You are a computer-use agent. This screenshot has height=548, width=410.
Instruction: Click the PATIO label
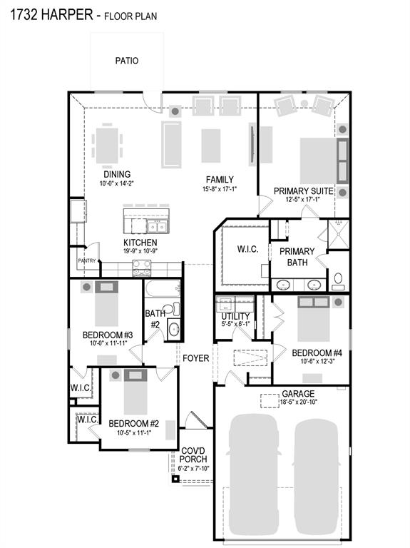click(x=126, y=61)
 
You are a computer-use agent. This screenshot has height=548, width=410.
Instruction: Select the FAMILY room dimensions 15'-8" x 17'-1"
click(x=219, y=189)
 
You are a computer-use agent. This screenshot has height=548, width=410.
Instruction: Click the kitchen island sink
click(x=158, y=227)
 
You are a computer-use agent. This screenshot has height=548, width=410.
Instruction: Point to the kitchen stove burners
click(x=142, y=267)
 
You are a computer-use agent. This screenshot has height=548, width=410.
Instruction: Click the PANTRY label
click(x=86, y=261)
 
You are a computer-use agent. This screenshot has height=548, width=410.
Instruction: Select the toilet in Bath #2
click(x=169, y=309)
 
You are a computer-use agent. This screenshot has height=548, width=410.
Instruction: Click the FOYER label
click(x=195, y=358)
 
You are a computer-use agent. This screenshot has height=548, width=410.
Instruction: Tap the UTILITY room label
click(x=235, y=316)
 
